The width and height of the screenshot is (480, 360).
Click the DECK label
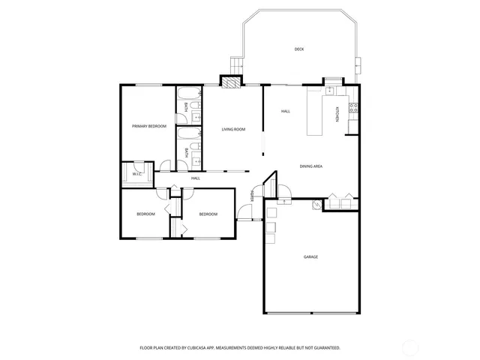[x=298, y=49]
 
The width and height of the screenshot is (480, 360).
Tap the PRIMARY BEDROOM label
[x=148, y=126]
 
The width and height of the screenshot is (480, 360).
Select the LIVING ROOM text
[x=233, y=130]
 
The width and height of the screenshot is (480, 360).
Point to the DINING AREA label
[x=311, y=166]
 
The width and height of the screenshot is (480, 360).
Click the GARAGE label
[x=310, y=256]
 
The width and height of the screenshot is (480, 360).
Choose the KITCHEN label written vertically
[x=337, y=115]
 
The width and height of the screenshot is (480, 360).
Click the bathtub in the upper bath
[x=188, y=96]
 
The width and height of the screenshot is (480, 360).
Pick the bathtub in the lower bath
[x=188, y=136]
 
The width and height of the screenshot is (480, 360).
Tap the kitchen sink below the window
[x=330, y=90]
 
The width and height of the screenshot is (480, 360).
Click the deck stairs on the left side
[x=237, y=65]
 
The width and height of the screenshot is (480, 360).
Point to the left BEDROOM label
[x=145, y=214]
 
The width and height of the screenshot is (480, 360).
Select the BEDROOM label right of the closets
[x=208, y=214]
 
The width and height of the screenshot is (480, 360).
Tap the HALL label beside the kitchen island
[x=286, y=112]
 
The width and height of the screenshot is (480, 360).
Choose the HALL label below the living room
[x=195, y=178]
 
